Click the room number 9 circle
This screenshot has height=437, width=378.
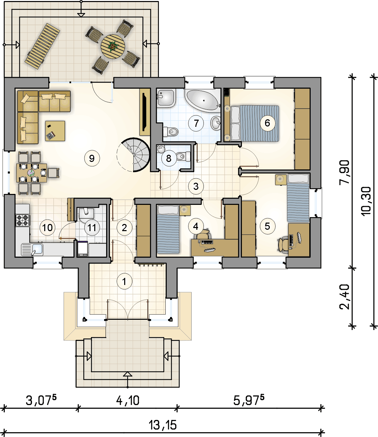tap(92, 158)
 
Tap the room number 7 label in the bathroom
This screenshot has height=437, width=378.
tap(196, 123)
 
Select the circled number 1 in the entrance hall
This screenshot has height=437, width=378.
tap(124, 282)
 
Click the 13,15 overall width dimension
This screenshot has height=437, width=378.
tap(163, 425)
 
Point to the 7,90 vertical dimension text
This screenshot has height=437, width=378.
tap(344, 172)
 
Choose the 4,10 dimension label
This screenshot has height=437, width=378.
tap(128, 400)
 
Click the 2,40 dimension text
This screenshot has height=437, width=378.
tap(344, 297)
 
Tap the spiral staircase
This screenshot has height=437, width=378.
tap(133, 154)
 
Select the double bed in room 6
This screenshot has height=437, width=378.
tap(254, 123)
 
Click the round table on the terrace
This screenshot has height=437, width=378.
tap(113, 46)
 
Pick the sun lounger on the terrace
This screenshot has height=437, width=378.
tap(42, 46)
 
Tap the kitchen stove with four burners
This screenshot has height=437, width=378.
tap(22, 220)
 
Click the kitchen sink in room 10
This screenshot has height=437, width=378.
tap(32, 250)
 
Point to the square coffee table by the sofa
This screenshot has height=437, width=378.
tap(55, 131)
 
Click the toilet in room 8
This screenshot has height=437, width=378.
tap(183, 157)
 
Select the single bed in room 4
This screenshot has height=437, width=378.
tap(168, 229)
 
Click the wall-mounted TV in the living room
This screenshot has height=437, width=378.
tap(145, 112)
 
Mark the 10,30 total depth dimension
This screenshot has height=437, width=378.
tap(365, 201)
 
